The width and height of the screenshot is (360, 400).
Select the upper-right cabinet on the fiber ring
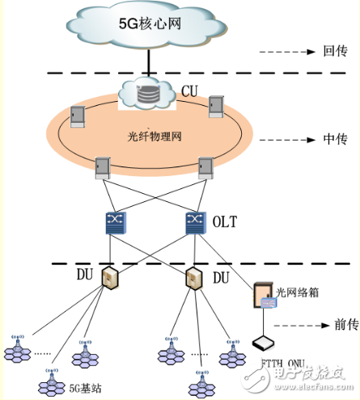pyautogui.click(x=216, y=107)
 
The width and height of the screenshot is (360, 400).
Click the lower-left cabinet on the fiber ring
pyautogui.click(x=102, y=166)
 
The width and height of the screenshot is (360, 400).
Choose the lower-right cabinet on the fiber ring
pyautogui.click(x=205, y=166)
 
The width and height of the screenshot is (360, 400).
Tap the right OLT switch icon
pyautogui.click(x=194, y=222)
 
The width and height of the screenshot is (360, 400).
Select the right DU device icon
pyautogui.click(x=193, y=279)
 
